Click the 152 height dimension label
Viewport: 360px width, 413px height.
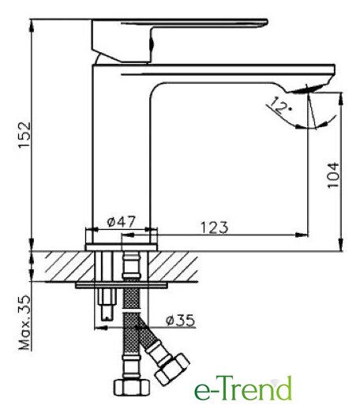[x=24, y=135]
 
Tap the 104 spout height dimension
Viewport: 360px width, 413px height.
[x=333, y=175]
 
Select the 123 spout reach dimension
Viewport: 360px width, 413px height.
[x=215, y=227]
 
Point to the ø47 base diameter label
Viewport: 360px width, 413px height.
[x=121, y=222]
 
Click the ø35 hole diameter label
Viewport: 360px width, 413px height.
[x=180, y=320]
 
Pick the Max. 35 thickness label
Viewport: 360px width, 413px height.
[x=24, y=323]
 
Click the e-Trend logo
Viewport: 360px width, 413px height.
[x=243, y=389]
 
